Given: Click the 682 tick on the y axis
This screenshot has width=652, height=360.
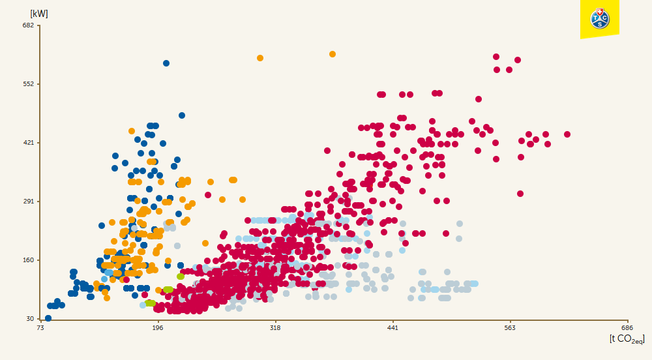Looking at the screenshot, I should click(x=27, y=25).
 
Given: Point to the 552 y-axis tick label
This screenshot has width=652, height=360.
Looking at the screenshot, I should click(x=27, y=84).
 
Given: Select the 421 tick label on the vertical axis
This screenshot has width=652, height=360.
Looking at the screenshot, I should click(x=27, y=143).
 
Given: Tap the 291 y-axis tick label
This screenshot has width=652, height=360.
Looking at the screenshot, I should click(x=27, y=202).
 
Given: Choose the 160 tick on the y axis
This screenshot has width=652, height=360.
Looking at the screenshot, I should click(x=27, y=260).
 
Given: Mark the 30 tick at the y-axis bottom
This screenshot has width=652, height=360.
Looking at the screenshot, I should click(x=29, y=319).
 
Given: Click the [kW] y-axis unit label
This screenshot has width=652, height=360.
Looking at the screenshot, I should click(x=39, y=14).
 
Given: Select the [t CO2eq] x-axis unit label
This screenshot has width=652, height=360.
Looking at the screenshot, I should click(x=627, y=339).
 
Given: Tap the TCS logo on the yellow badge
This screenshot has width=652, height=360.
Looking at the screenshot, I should click(x=599, y=18).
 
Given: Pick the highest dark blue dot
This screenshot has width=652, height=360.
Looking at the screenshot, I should click(x=166, y=63).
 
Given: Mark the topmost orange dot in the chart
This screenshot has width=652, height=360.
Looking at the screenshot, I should click(x=333, y=54).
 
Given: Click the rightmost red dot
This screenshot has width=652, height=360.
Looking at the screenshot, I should click(x=567, y=134).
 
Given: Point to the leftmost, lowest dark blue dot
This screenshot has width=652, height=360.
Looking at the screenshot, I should click(x=48, y=318).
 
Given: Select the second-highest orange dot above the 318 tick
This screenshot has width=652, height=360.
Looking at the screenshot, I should click(x=260, y=58).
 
